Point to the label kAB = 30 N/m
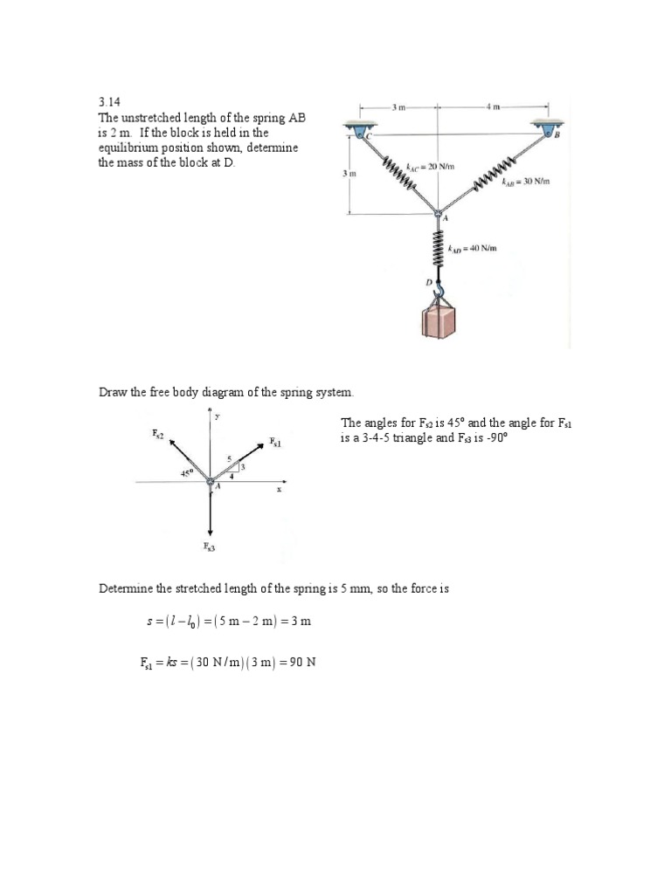(x=523, y=182)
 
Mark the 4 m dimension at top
(x=494, y=107)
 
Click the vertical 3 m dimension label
(x=349, y=174)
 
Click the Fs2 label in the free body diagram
(x=157, y=433)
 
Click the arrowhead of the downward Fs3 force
(x=210, y=529)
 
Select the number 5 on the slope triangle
(x=229, y=457)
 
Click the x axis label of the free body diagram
(x=280, y=489)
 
